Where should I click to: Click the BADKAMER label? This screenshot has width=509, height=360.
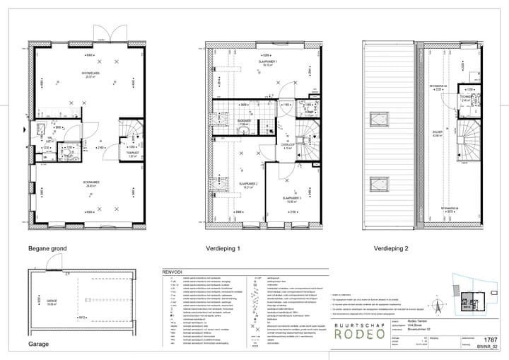coord(244,121)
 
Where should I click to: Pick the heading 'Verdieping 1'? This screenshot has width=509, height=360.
coord(223,250)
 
